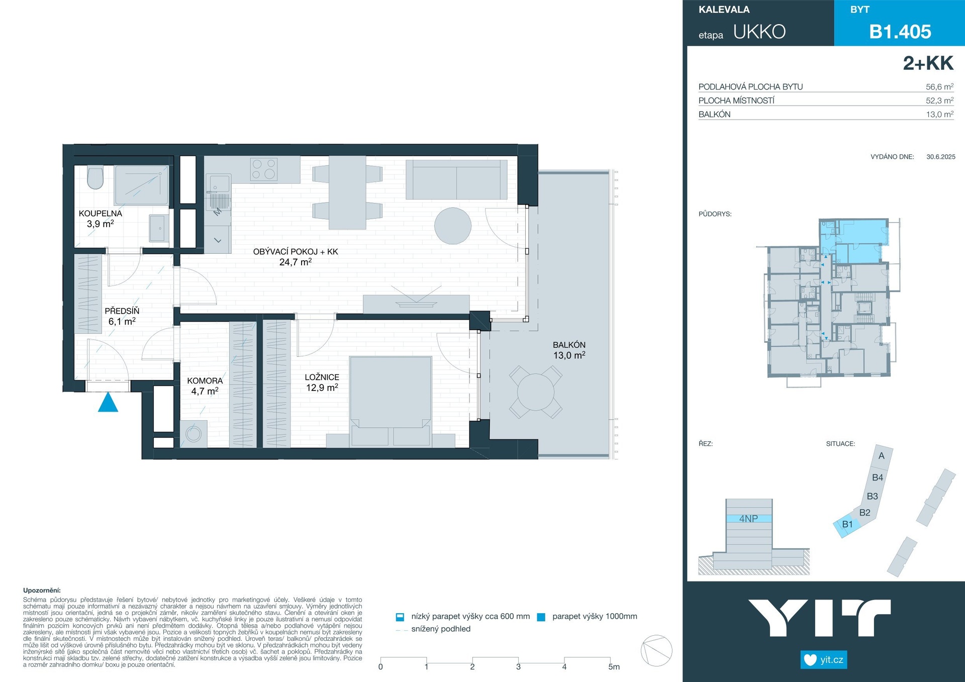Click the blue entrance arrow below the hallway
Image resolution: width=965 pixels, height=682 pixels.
point(108,403)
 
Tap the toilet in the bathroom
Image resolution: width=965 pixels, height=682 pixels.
point(95,177)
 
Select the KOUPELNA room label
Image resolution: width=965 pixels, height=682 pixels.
point(101,214)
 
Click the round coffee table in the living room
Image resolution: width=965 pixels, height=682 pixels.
point(453,226)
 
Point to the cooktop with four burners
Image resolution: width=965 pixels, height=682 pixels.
point(264,169)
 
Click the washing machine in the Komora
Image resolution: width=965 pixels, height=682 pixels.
point(194,433)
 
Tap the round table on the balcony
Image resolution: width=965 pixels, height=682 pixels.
point(536,392)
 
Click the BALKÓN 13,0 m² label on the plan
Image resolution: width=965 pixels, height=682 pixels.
point(569,350)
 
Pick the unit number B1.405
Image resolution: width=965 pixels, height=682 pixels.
point(900,32)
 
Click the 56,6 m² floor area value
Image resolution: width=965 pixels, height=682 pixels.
point(939,86)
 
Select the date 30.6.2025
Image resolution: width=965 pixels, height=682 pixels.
point(941,157)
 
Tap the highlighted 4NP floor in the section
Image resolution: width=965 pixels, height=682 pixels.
point(749,519)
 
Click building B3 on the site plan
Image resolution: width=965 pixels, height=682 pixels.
point(873,496)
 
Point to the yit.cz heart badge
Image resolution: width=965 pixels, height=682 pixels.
point(824,659)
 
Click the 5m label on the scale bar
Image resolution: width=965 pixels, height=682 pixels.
point(614,667)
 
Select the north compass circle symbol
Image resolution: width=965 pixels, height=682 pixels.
point(656,651)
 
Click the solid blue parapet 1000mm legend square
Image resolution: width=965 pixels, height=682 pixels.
point(541,617)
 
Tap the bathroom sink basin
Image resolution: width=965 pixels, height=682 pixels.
point(159,228)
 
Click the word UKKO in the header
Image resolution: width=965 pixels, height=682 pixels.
point(759,32)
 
